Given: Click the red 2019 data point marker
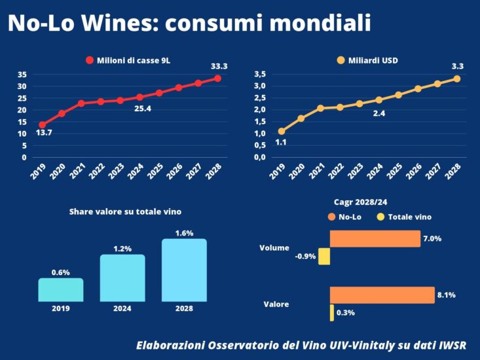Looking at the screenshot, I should pos(43,124).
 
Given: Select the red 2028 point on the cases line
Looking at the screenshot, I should pos(217,79).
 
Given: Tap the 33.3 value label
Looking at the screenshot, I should pos(219,66).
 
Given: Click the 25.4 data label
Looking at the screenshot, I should pos(143,109).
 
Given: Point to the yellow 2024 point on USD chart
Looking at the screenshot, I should pos(378,100).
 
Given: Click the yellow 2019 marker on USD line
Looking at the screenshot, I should pos(282,131).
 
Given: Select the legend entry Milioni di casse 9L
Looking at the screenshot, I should pos(128,60).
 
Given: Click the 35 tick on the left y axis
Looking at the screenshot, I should pos(22,74).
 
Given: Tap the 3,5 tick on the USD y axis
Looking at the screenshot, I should pos(260,74).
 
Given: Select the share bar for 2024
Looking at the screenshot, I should pos(122,278).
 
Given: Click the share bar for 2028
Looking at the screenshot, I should pos(184,270).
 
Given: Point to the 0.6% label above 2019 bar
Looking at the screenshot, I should pos(61,272).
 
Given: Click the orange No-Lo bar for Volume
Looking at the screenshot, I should pos(375,239).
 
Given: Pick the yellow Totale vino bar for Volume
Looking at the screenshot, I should pos(323,256).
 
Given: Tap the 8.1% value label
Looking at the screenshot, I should pos(446,295).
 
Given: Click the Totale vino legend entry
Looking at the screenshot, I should pos(404,217).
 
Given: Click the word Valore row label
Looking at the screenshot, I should pos(276,304).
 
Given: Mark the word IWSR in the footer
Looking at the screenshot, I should pos(449,345).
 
